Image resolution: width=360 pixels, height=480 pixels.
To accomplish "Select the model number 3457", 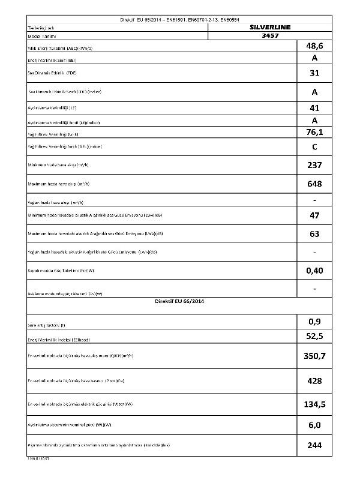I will coord(271,35).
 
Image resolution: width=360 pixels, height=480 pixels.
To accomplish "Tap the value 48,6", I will coord(314,46).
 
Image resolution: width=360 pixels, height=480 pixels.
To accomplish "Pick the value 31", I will coord(314,74).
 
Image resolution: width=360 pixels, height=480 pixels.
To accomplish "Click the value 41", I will coord(314,109).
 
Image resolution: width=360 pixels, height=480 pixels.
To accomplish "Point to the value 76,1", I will coord(314,132).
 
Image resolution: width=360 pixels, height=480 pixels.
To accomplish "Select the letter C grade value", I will coord(314,147).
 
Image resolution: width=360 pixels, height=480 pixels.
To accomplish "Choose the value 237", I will coord(314,165).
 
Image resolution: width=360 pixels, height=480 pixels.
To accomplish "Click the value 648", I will coord(314,184).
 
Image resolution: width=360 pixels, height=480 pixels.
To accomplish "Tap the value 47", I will coord(314,214).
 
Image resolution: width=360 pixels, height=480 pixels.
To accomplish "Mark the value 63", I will coord(314,234).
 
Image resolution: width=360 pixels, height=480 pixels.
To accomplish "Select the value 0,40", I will coord(314,271).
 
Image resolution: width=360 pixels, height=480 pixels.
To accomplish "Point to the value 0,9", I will coord(314,322).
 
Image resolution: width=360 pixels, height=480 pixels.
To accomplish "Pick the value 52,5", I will coord(314,336).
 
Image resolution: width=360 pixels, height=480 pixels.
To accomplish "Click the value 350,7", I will coord(314,356).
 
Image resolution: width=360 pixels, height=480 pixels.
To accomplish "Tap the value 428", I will coord(314,381).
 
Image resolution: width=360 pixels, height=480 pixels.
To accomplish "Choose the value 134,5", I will coord(314,404).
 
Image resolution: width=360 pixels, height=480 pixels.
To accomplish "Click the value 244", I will coord(314,445).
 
